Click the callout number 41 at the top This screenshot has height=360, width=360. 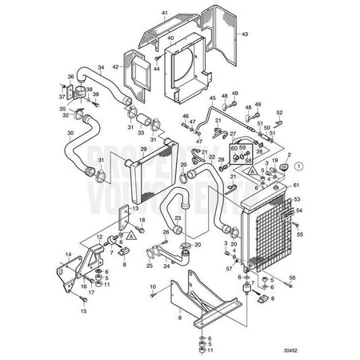(x=164, y=14)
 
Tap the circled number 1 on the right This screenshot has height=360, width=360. (x=298, y=166)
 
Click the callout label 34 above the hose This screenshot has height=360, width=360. (x=100, y=66)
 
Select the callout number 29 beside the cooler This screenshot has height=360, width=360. (x=143, y=150)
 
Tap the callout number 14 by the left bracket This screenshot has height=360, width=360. (x=68, y=253)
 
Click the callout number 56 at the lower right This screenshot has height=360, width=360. (x=292, y=277)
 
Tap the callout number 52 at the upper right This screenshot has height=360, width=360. (x=279, y=113)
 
